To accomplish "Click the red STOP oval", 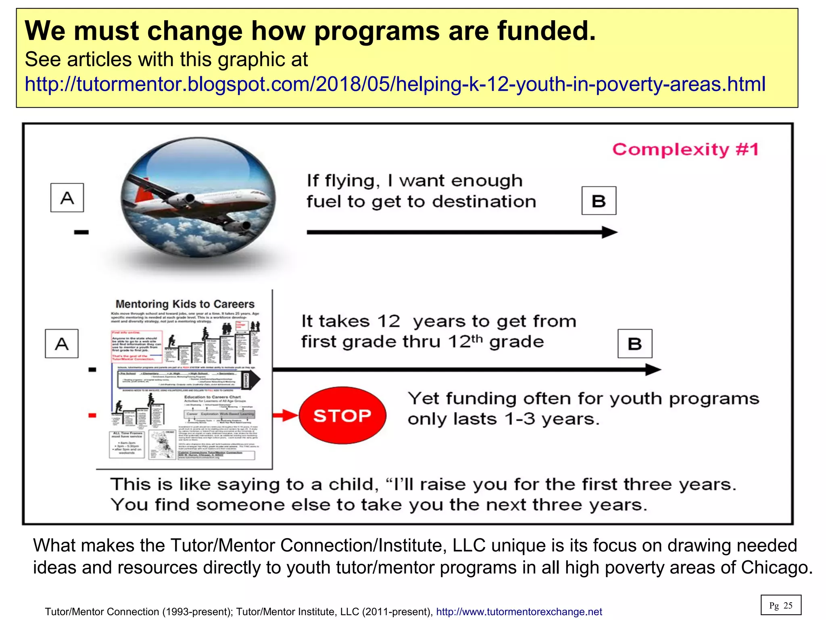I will (342, 415).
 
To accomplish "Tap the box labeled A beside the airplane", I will (67, 198).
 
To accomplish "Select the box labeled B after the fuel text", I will (599, 201).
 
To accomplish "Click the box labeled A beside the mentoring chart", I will (62, 344).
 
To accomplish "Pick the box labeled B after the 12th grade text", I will (635, 344).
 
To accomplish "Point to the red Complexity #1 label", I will (685, 149).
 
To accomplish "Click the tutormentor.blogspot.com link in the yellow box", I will (395, 84).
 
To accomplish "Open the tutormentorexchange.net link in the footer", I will (519, 612).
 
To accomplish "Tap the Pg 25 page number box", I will (780, 605).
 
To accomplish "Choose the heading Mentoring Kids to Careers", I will (185, 304).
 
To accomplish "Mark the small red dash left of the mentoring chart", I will (92, 415).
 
